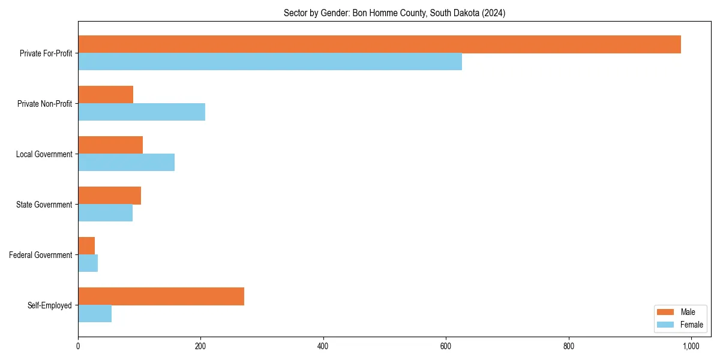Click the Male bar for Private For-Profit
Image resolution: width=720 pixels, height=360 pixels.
(x=379, y=44)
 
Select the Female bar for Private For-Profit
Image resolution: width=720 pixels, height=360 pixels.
(x=270, y=62)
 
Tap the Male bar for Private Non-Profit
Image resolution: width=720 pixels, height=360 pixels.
(x=106, y=95)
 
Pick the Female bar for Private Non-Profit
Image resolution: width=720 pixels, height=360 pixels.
(x=142, y=112)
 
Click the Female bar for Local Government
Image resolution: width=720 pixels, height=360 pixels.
(x=126, y=163)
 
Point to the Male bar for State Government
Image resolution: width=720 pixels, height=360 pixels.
(x=109, y=196)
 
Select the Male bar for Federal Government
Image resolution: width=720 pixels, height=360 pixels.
(x=86, y=246)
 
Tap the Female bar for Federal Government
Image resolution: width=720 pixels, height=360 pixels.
(x=88, y=263)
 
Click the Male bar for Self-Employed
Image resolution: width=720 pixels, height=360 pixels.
(x=161, y=296)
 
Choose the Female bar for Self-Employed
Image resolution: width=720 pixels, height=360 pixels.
(x=95, y=314)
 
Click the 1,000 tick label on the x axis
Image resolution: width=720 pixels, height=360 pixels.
(x=691, y=346)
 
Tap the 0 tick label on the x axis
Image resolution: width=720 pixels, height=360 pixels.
(x=78, y=346)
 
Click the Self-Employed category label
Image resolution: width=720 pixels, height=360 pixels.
(x=50, y=305)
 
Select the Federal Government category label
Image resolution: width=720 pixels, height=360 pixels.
(x=41, y=255)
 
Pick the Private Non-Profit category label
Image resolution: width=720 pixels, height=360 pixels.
(x=44, y=104)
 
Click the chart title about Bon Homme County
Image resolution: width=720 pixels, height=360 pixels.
(x=394, y=13)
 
